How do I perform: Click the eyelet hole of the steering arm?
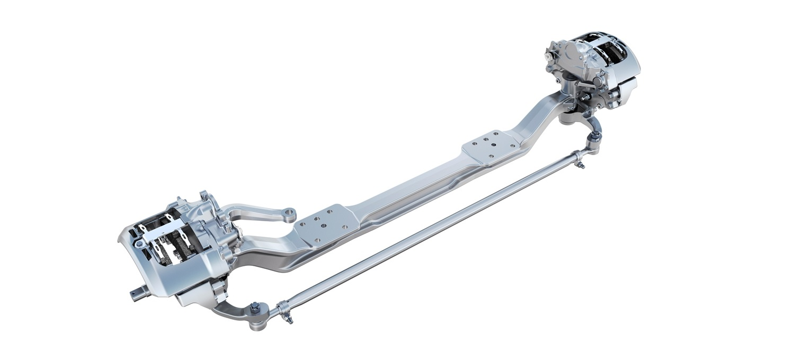[289, 214]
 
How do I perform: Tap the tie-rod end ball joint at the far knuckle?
[594, 137]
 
